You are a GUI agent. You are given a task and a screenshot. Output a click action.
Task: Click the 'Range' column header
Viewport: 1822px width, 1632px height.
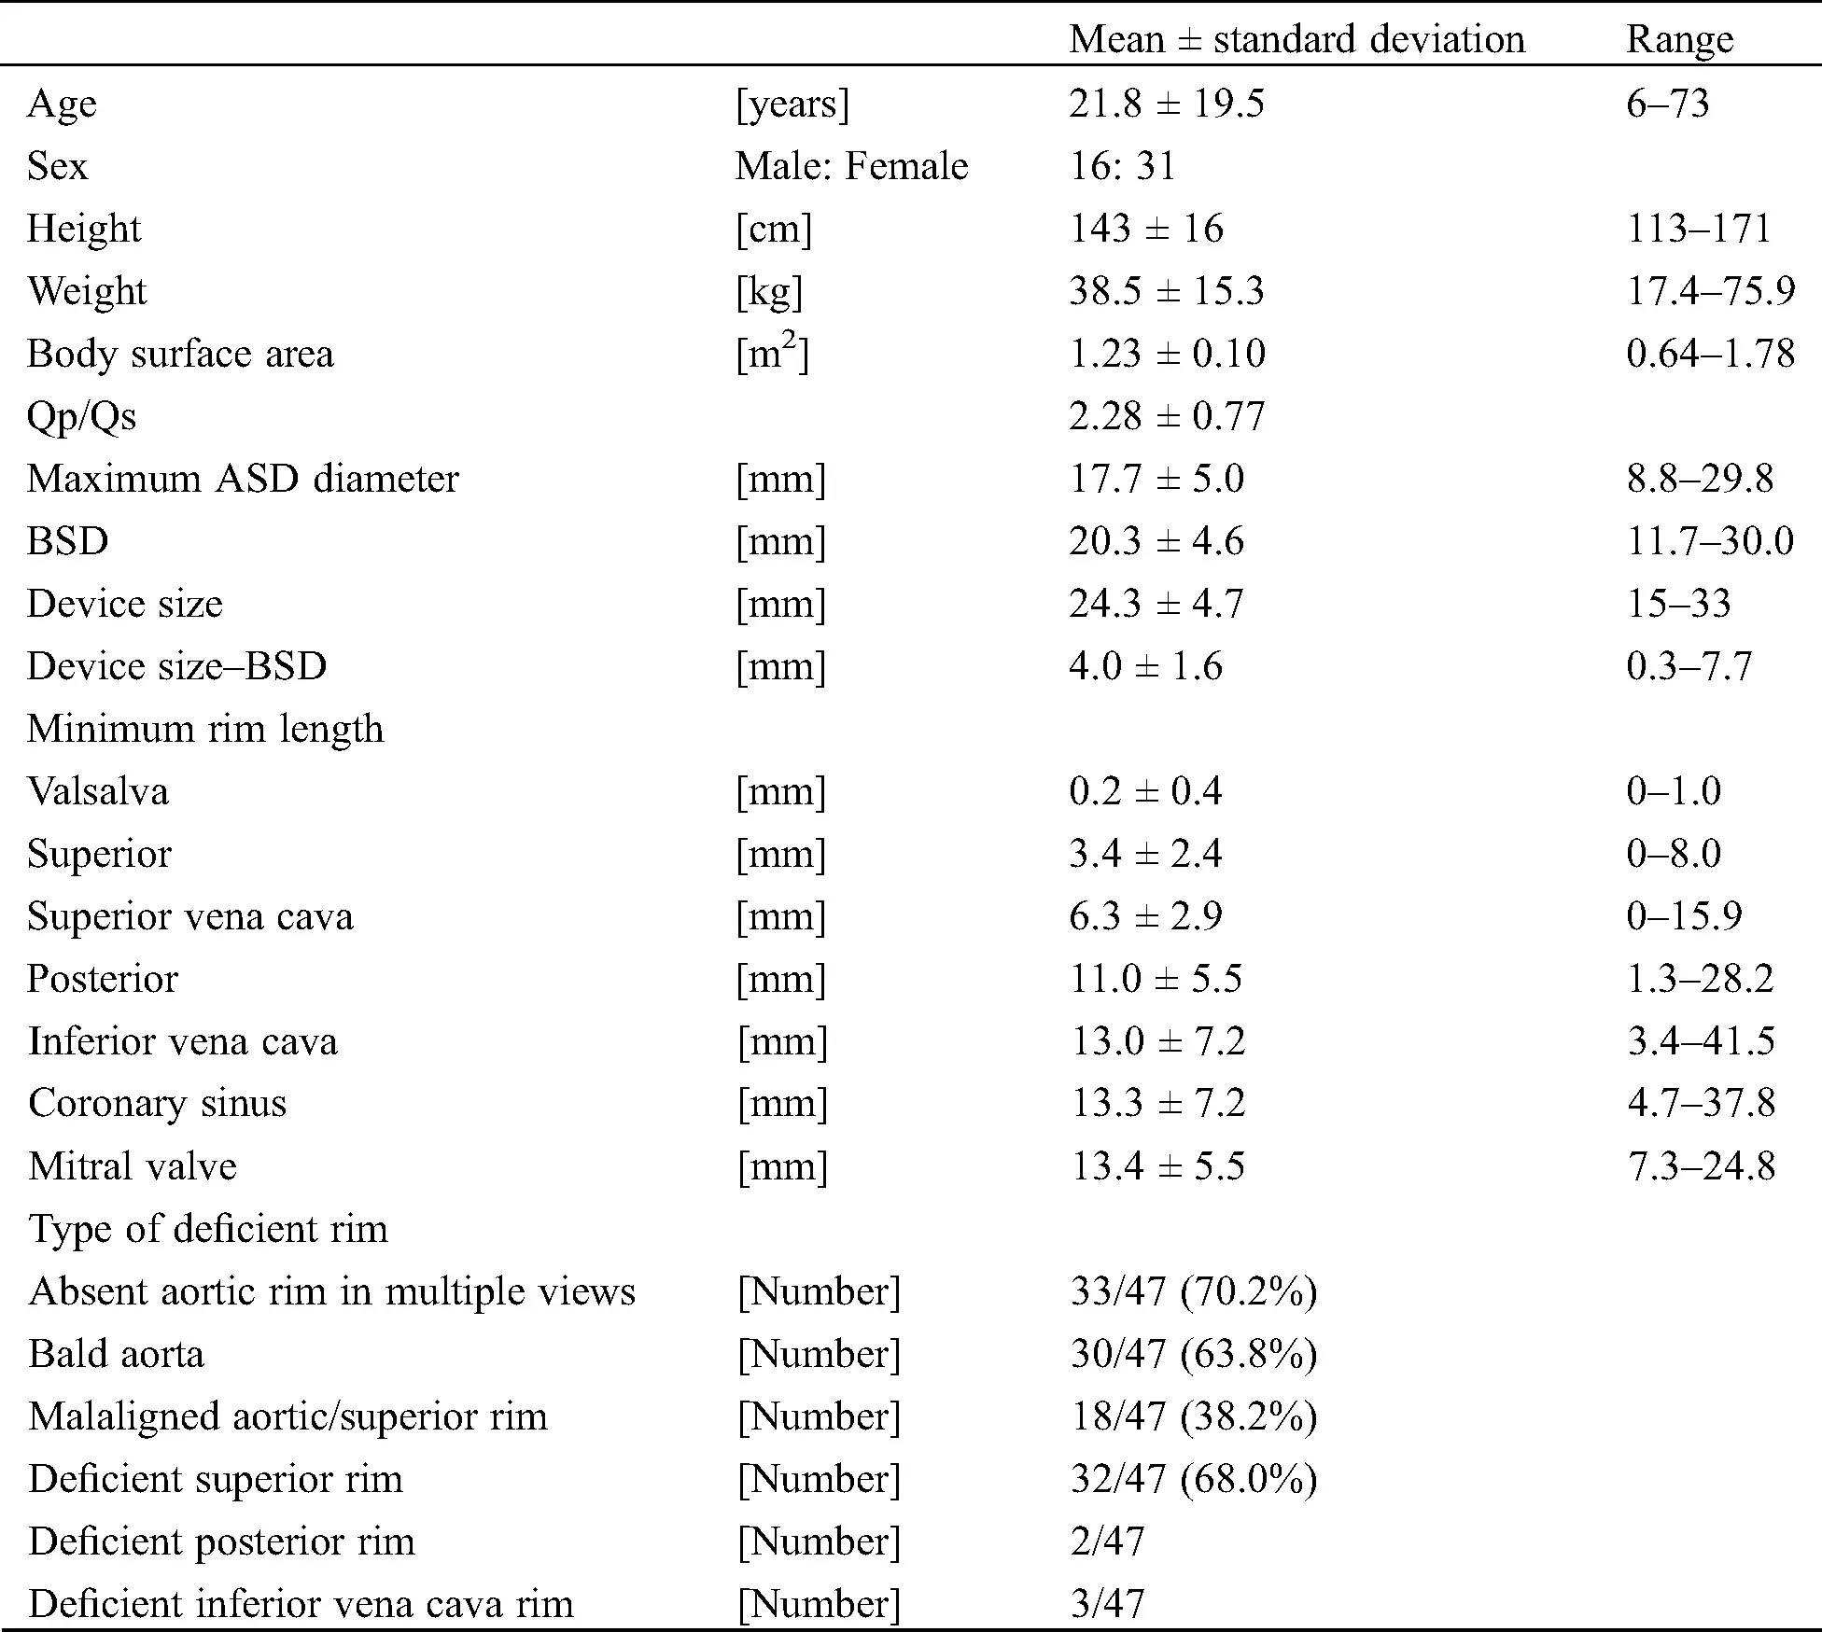point(1679,39)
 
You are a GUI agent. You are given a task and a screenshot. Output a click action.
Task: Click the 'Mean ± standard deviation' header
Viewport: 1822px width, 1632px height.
point(1296,39)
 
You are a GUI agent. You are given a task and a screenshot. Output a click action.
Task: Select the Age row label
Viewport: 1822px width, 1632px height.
point(62,103)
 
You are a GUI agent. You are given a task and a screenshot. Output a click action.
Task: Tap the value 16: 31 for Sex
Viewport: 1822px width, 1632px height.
point(1122,165)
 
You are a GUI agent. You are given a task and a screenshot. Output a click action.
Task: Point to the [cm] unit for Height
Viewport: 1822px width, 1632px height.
point(774,228)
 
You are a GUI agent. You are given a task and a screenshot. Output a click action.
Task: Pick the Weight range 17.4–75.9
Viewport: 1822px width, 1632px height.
point(1710,290)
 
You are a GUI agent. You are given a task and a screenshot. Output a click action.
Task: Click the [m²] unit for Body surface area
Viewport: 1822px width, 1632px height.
point(772,353)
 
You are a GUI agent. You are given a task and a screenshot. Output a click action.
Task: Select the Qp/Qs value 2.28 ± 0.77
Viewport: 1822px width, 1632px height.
point(1166,415)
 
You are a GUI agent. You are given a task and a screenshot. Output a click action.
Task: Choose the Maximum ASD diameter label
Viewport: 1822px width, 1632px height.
point(243,478)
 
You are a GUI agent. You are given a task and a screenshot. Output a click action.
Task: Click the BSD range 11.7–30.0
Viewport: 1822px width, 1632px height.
point(1710,540)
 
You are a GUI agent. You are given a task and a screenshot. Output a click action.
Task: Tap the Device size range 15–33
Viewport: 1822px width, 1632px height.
point(1678,603)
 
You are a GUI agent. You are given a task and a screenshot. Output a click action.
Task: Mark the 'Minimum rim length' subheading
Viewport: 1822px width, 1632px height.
point(205,728)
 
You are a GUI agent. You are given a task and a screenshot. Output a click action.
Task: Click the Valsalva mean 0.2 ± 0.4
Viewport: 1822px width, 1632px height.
point(1144,790)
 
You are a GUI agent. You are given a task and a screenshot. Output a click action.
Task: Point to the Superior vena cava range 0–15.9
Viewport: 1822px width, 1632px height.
point(1684,915)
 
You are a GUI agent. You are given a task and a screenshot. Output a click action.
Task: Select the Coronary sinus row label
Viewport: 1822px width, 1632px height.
point(157,1103)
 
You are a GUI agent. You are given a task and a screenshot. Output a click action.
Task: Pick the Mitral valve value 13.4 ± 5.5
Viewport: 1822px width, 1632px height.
point(1157,1165)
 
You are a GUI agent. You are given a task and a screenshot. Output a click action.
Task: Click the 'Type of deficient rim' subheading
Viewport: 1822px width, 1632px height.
point(208,1228)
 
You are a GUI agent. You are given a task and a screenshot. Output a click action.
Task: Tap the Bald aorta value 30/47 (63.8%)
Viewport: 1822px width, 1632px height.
point(1193,1353)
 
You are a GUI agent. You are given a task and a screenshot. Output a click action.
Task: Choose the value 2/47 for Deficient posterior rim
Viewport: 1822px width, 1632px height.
point(1107,1541)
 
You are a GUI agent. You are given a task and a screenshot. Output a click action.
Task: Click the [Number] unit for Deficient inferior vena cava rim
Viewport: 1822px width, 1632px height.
point(819,1603)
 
